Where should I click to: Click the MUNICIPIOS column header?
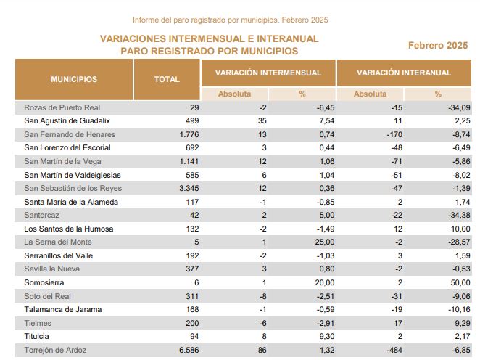click(x=74, y=79)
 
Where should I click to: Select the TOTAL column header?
click(x=167, y=79)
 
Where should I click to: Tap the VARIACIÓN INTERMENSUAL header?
click(x=268, y=73)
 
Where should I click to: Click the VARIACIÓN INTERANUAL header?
click(x=404, y=73)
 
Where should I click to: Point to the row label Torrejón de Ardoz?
click(x=55, y=350)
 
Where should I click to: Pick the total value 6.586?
click(x=189, y=350)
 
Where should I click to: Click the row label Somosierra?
click(x=44, y=282)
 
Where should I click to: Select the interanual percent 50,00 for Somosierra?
click(x=460, y=282)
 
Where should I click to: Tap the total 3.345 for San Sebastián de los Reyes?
click(x=189, y=188)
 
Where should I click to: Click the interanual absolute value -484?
click(x=394, y=350)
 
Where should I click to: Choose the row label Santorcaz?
click(x=41, y=215)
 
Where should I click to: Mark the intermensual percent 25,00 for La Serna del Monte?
click(x=325, y=242)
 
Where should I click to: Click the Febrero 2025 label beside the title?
click(x=438, y=45)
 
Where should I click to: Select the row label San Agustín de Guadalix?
click(x=67, y=120)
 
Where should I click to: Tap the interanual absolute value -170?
click(x=394, y=134)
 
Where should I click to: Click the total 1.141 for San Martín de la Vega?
click(x=189, y=161)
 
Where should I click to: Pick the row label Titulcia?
click(x=36, y=336)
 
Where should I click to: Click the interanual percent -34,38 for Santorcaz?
click(x=459, y=215)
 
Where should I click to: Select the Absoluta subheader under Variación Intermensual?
click(x=234, y=94)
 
